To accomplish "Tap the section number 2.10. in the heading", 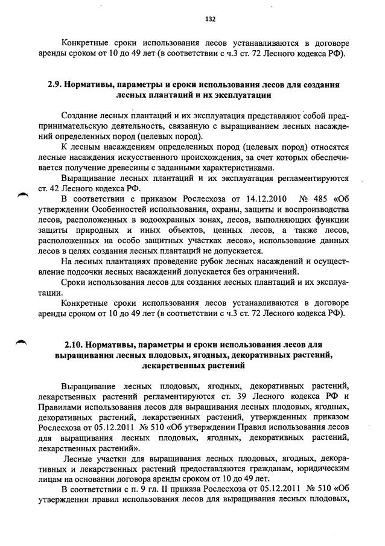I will tap(73, 344).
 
